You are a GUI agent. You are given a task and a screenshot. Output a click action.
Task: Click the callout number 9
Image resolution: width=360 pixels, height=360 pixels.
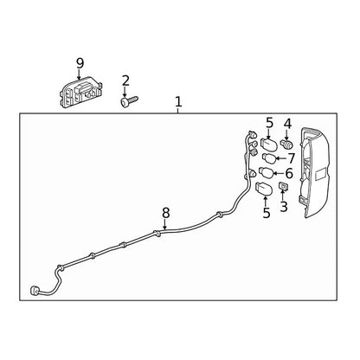coord(80,63)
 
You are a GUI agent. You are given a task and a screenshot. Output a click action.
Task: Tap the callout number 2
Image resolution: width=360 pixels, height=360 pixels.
coord(125,80)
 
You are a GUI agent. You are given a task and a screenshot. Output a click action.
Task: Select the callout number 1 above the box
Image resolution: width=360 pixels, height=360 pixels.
coord(178,102)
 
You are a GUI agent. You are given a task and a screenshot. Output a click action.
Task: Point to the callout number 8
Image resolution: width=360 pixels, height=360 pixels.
coord(165,214)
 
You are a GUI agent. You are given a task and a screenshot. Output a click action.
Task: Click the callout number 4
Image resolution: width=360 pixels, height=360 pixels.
coord(287,124)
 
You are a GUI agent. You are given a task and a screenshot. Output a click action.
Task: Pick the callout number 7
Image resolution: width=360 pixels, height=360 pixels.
coord(292,158)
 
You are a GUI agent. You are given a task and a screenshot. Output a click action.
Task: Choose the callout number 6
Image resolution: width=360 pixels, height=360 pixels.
coord(289,173)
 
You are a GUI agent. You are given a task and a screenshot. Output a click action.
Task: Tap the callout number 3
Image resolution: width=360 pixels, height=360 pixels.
coord(284,207)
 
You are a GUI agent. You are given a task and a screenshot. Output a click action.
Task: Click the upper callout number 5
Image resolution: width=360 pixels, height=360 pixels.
coord(269,123)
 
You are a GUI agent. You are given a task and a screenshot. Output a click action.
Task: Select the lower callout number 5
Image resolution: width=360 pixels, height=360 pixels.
coord(267,213)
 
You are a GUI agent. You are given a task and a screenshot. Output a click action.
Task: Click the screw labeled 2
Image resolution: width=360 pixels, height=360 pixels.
coord(129,100)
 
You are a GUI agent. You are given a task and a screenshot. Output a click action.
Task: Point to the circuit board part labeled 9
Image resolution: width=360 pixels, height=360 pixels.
coord(81,93)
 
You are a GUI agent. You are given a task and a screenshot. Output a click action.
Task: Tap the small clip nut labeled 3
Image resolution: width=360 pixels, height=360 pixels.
coord(283,186)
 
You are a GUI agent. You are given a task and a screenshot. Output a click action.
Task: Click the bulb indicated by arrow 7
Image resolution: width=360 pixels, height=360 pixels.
coord(269,158)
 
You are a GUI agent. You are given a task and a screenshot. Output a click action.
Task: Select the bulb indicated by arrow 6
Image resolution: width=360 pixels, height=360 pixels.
coord(267,173)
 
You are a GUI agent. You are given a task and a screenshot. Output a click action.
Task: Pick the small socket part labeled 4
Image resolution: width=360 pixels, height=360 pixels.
coord(286,144)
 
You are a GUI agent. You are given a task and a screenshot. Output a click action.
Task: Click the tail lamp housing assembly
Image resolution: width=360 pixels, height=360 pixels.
coord(314,172)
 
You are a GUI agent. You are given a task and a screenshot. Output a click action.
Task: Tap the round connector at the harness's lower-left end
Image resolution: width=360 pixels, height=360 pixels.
coord(35,291)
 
